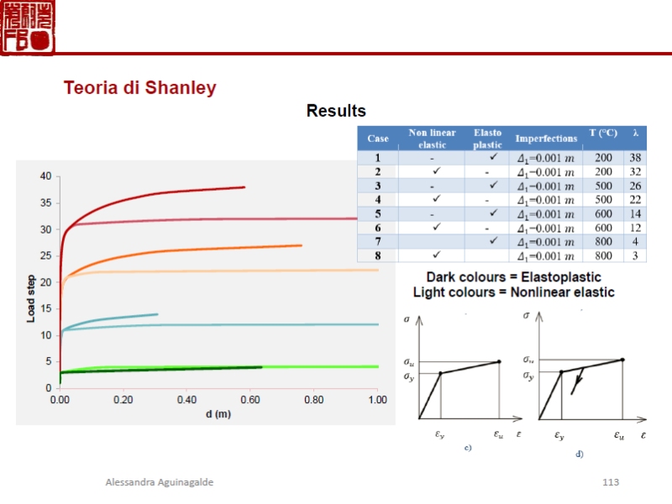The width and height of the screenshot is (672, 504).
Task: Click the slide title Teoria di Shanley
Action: click(140, 88)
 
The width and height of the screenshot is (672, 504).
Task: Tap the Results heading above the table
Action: click(336, 111)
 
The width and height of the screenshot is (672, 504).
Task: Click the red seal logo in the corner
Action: click(28, 28)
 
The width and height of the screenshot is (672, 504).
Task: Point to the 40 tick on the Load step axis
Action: click(45, 176)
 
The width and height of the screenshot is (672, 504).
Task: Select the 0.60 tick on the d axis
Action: click(250, 401)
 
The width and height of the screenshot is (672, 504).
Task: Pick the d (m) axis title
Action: click(218, 414)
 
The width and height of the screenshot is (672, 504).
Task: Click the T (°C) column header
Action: click(603, 133)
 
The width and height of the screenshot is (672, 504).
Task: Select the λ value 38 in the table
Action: click(636, 158)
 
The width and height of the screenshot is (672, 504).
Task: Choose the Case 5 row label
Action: click(378, 213)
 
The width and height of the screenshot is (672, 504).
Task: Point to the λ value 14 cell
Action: click(636, 213)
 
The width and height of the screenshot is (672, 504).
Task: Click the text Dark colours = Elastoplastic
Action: click(513, 277)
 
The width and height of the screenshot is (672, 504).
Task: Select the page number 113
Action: click(611, 482)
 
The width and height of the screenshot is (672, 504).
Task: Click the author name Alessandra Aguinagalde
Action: click(160, 482)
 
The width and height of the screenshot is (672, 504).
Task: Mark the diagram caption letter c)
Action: click(468, 449)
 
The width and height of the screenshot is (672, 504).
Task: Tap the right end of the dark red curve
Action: click(244, 187)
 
